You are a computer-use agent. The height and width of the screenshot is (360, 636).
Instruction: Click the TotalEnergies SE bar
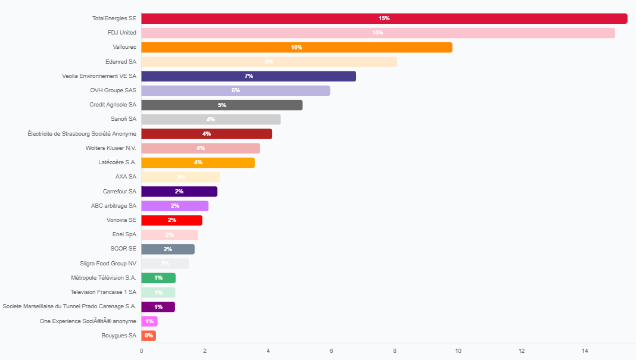(384, 18)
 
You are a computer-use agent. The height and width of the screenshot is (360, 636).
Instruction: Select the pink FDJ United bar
(378, 33)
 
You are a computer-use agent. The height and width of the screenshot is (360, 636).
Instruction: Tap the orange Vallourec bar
(297, 48)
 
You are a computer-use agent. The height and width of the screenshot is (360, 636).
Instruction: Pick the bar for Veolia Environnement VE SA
(248, 76)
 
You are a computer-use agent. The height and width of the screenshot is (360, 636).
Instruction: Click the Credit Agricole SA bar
(222, 105)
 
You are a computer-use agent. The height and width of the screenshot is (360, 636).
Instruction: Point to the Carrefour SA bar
(179, 192)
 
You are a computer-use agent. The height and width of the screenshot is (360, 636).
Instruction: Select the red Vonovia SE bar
(172, 220)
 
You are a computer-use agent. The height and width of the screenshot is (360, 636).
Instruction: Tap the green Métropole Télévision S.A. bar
(158, 278)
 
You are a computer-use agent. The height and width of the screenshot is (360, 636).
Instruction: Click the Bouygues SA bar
(148, 336)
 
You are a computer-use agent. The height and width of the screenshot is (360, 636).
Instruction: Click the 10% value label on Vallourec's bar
(297, 48)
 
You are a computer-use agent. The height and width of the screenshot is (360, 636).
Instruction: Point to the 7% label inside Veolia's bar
(248, 76)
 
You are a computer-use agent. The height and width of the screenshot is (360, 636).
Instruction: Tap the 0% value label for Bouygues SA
(148, 336)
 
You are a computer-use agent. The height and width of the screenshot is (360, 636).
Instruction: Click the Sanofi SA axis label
(123, 119)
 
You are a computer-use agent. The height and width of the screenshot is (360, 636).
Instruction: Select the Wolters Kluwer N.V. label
(111, 148)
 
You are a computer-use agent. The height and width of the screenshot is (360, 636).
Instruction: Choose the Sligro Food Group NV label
(108, 263)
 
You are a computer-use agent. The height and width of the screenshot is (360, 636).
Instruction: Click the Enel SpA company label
(124, 234)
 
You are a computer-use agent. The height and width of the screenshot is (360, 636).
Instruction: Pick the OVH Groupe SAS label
(113, 90)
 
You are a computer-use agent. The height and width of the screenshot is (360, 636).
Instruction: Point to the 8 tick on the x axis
(395, 350)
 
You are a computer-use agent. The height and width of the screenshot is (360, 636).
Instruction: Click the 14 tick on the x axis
(585, 350)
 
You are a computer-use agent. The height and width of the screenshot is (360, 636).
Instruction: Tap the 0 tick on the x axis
(141, 350)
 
